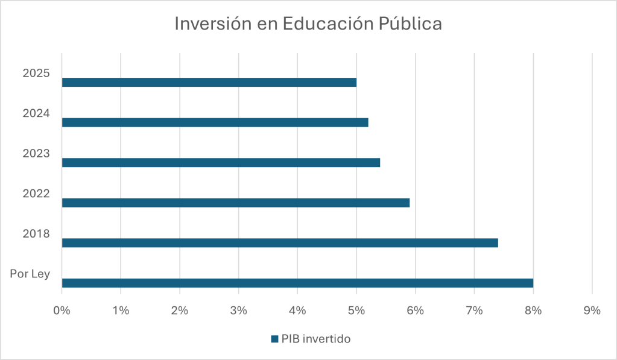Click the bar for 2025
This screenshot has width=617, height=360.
point(209,82)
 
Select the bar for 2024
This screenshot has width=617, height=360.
point(215,122)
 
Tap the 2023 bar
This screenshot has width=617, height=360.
point(221,162)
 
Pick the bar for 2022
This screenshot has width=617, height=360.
point(235,203)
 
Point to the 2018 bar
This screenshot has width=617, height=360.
point(280,243)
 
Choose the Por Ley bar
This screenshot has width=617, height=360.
point(297,283)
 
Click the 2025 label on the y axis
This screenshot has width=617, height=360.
point(36,74)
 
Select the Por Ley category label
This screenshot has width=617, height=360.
point(30,274)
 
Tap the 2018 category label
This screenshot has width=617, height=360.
point(36,234)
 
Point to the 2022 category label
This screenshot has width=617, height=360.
point(36,194)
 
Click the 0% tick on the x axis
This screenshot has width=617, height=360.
point(62,311)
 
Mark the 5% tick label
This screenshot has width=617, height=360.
point(356,311)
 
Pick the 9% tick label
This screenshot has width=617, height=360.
point(592,311)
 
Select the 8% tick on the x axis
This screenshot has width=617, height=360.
point(533,311)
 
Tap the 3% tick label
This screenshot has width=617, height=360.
point(238,311)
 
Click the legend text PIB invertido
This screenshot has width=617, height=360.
point(316,339)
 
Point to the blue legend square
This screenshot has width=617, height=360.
point(274,339)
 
